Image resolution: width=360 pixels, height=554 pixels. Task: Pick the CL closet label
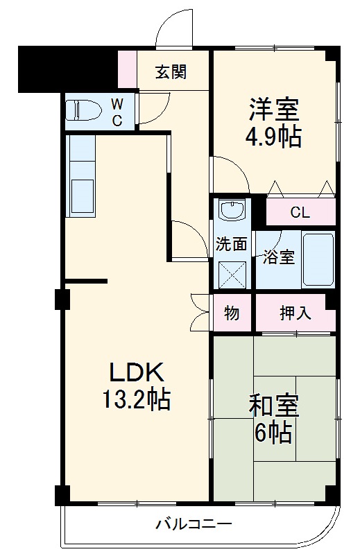click(300, 213)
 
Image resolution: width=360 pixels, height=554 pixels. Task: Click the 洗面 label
click(230, 244)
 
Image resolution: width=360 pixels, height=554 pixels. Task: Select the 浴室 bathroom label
click(279, 257)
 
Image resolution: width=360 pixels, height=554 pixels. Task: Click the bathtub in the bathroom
click(318, 261)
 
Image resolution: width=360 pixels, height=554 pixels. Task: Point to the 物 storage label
click(232, 313)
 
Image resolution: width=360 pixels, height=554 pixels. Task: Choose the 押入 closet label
click(295, 313)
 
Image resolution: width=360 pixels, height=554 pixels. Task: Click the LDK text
click(135, 374)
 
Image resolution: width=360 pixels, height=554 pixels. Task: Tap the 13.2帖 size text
click(136, 401)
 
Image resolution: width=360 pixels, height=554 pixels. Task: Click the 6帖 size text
click(273, 435)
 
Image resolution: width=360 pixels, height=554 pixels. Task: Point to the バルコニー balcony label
click(194, 523)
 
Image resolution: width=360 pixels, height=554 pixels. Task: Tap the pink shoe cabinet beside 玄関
click(126, 70)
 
